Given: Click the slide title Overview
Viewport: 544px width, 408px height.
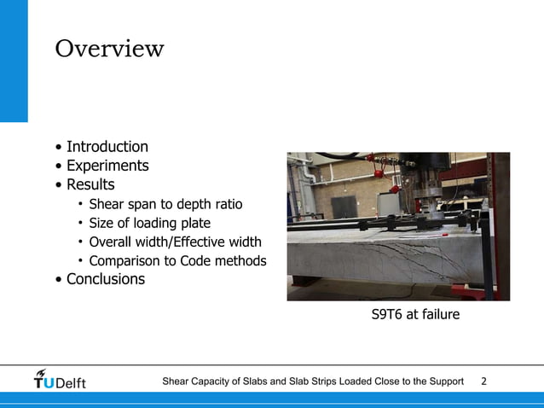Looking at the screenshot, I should [109, 49].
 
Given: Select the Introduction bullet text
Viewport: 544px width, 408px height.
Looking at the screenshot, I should [107, 147].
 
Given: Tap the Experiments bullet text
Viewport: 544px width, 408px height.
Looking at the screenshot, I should [107, 166].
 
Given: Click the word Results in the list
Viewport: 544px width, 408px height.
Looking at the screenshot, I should [90, 184].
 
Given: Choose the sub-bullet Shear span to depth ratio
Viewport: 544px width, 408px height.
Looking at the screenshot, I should [165, 204].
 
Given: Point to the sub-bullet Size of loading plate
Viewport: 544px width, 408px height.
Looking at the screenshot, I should [155, 223].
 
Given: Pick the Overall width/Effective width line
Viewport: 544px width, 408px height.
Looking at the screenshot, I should [175, 242].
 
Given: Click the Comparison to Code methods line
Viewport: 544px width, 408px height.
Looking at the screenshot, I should [177, 260].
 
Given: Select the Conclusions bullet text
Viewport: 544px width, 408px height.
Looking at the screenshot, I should [106, 279].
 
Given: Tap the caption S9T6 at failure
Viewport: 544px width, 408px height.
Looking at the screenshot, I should [415, 315].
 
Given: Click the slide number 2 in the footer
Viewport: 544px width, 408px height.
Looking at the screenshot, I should [484, 381].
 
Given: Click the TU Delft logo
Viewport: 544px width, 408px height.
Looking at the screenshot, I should [60, 382].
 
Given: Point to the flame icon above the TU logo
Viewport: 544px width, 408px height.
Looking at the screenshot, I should [42, 372].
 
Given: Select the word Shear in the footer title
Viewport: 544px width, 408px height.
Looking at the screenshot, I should [177, 381].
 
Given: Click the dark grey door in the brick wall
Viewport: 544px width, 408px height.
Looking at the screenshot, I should [344, 207].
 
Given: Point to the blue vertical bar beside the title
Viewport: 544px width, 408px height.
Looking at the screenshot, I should [14, 60].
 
